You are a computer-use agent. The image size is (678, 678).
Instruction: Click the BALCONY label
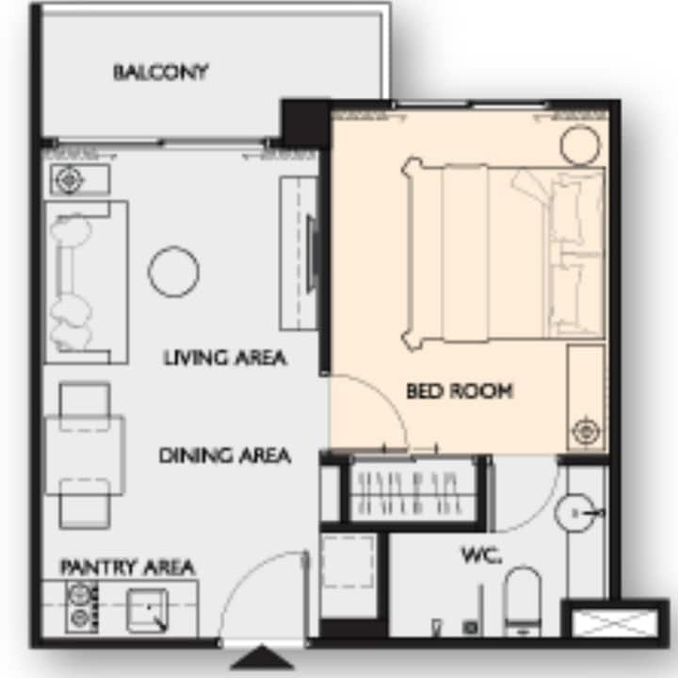pos(161,73)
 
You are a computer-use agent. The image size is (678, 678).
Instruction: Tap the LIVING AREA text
pos(225,358)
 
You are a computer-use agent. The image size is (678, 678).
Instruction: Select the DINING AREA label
pos(225,456)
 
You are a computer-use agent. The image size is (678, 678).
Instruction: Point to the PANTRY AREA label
pos(127,567)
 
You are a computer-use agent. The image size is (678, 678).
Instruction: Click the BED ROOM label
pos(460,392)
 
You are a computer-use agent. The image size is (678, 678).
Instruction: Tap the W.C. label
pos(482,556)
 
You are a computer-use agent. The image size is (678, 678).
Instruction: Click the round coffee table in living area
pos(173,271)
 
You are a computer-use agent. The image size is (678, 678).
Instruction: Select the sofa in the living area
pos(87,282)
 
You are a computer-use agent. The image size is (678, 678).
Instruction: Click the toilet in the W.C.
pos(523,602)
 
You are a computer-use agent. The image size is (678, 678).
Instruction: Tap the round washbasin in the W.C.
pos(574,513)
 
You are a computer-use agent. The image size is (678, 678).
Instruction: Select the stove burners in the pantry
pos(81,607)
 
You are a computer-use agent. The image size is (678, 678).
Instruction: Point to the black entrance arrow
pos(262,657)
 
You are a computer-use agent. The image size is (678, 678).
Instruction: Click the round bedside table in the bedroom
pos(580,145)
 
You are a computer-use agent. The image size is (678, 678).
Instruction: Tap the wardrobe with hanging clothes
pos(412,492)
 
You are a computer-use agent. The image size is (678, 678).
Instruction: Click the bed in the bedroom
pos(503,253)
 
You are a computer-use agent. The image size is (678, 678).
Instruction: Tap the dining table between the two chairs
pos(85,455)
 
